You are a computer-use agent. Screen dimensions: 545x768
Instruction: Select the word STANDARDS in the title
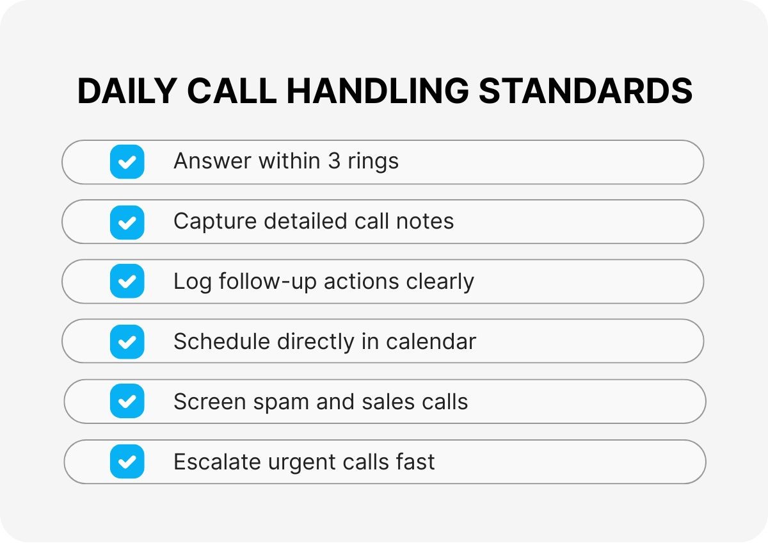click(x=586, y=92)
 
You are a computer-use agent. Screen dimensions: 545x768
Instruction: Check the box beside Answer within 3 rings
click(x=127, y=161)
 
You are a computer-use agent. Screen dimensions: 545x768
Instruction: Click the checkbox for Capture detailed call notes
click(x=127, y=222)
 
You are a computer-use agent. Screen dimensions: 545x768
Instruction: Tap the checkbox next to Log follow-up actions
click(x=127, y=281)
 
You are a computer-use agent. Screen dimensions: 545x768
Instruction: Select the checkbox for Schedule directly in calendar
click(x=127, y=341)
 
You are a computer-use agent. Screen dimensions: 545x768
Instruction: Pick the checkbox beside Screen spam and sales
click(x=127, y=402)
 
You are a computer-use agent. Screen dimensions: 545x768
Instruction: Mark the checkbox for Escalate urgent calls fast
click(x=127, y=461)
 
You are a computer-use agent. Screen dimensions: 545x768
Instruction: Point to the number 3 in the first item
click(x=334, y=161)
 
